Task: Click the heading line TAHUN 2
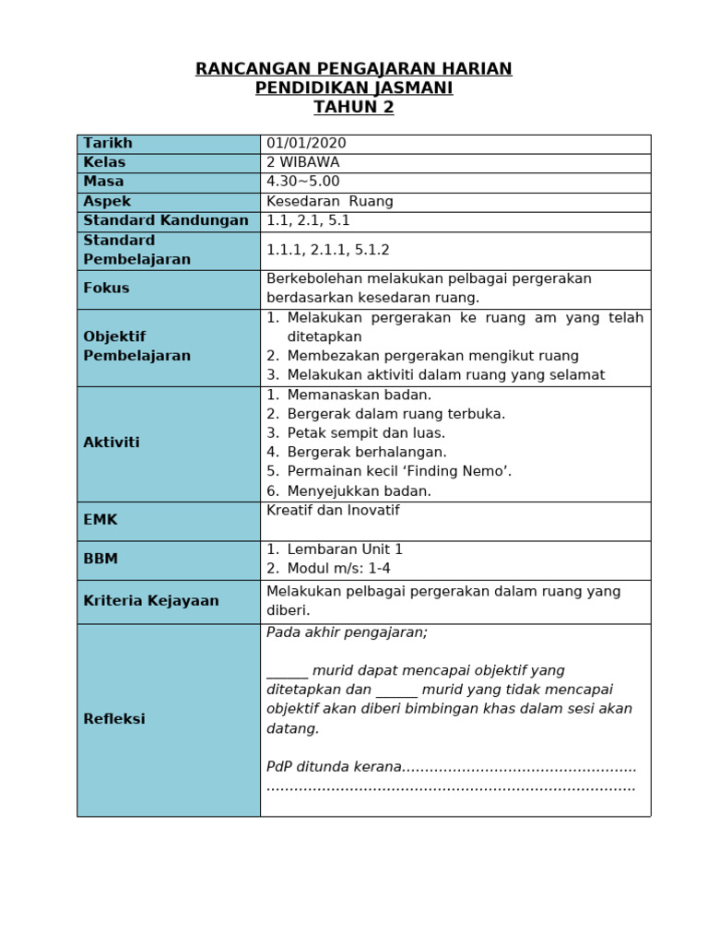point(353,107)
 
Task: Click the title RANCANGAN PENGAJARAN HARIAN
point(353,69)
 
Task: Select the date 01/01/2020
point(306,143)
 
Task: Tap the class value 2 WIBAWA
point(302,162)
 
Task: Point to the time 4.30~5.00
point(302,182)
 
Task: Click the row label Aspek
point(107,201)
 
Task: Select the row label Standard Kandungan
point(166,220)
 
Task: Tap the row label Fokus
point(106,288)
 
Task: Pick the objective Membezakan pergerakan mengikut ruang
point(432,356)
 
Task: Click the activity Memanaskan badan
point(359,395)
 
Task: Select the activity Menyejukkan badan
point(359,490)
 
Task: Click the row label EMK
point(100,520)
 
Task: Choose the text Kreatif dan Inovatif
point(333,511)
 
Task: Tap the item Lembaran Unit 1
point(345,549)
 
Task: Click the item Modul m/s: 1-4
point(338,569)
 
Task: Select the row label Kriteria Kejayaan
point(151,601)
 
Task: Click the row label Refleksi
point(114,719)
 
